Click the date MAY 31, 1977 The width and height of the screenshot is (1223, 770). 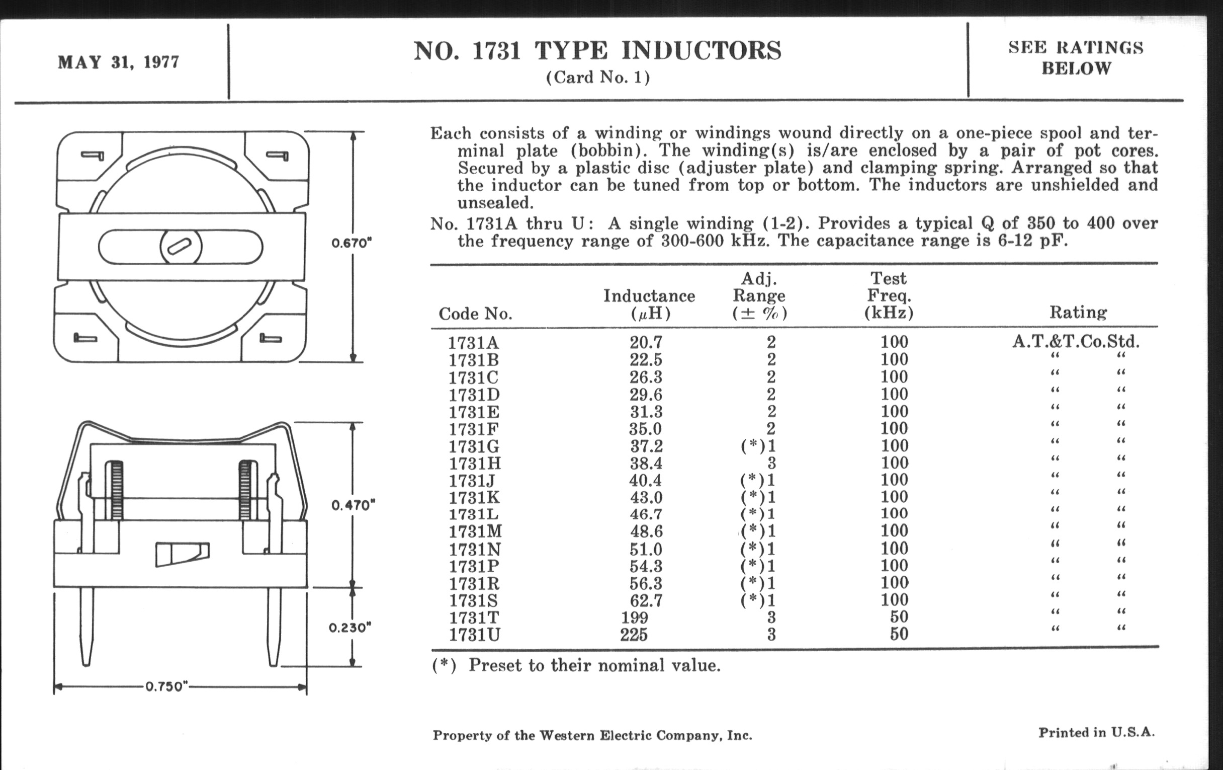pos(118,62)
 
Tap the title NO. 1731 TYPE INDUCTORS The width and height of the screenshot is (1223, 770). pos(597,51)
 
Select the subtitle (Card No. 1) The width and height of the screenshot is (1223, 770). pos(598,78)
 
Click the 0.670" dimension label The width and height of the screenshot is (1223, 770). pos(352,243)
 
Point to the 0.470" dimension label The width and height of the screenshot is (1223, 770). pos(353,505)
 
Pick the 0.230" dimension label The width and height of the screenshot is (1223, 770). pos(350,628)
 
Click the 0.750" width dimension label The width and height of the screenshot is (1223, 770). pos(167,686)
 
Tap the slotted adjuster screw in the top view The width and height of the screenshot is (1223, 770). pos(181,247)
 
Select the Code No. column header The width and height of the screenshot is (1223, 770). pos(475,314)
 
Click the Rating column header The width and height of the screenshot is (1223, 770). pos(1078,312)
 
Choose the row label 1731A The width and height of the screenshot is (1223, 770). pos(473,343)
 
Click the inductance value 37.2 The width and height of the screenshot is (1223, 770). pos(646,446)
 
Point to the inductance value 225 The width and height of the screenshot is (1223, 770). pos(634,635)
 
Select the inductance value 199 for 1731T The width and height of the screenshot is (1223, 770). pos(635,618)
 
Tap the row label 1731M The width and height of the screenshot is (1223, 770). pos(475,531)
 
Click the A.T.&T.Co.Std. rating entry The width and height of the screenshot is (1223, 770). pos(1076,341)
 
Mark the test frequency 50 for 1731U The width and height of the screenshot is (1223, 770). pos(899,634)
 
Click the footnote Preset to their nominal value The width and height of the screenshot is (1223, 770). pos(594,665)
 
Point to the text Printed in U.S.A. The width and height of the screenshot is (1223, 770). pos(1096,732)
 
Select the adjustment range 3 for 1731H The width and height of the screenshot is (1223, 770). pos(771,463)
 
